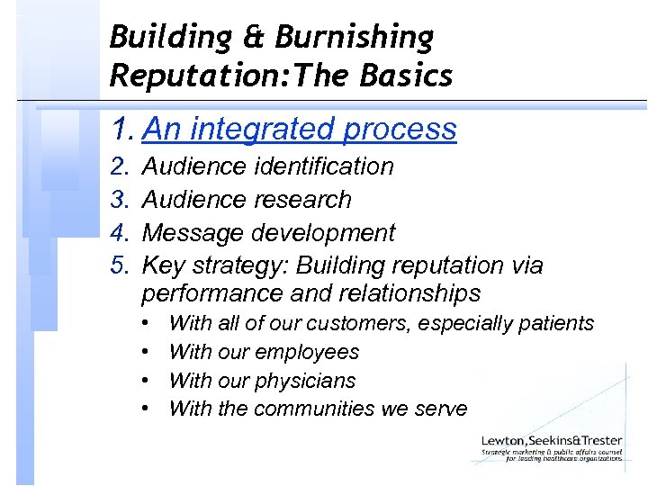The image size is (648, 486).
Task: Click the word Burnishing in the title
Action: click(355, 38)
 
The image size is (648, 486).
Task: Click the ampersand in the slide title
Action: click(253, 38)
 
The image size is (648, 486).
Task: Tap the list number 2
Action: click(119, 166)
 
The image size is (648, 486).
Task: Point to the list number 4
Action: click(119, 232)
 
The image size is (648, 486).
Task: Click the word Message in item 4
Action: click(193, 232)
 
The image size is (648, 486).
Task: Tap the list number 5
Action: click(119, 265)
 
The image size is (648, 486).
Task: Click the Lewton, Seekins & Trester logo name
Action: click(550, 439)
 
